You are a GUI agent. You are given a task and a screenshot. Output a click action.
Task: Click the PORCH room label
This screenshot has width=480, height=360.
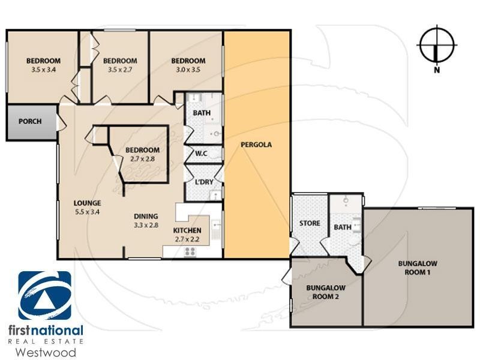tap(30, 121)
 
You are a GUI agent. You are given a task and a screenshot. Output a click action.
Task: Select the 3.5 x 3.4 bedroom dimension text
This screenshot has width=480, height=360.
tap(43, 70)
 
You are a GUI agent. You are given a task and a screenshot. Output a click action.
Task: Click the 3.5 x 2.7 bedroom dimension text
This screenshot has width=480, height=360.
tap(120, 70)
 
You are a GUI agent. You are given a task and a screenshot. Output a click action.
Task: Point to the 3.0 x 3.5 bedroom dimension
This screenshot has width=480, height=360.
tap(188, 70)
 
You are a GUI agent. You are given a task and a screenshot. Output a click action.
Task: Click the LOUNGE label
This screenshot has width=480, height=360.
tap(87, 203)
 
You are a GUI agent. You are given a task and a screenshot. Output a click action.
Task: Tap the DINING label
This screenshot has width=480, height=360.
tap(146, 217)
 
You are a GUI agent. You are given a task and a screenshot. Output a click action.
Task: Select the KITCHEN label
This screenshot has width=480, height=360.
tap(187, 231)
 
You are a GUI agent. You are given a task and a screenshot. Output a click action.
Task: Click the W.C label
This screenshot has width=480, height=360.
tap(201, 154)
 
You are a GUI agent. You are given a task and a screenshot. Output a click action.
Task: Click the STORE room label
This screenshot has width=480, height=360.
tap(310, 224)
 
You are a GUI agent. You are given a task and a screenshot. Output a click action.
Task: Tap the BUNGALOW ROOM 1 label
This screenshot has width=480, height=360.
tap(419, 268)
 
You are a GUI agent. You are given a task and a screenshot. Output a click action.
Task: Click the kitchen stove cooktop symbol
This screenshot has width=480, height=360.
tap(191, 251)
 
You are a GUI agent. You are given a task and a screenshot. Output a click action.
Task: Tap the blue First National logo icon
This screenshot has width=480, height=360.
tap(44, 296)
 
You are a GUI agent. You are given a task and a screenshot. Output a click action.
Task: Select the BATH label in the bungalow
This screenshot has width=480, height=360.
tap(342, 227)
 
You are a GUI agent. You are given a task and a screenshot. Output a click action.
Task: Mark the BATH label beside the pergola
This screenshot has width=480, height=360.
tap(201, 113)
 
